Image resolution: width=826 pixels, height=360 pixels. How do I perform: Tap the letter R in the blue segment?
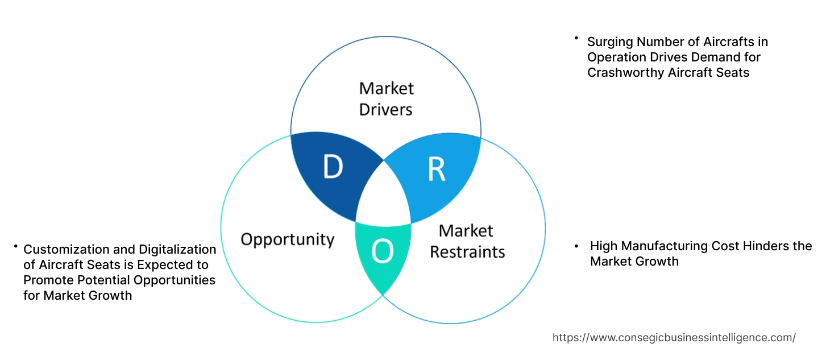pyautogui.click(x=436, y=169)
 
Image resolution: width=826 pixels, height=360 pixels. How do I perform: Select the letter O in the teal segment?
pyautogui.click(x=383, y=252)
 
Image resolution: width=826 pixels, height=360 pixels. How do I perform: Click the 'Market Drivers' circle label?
pyautogui.click(x=386, y=98)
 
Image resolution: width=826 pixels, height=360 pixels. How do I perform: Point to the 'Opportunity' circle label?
pyautogui.click(x=287, y=239)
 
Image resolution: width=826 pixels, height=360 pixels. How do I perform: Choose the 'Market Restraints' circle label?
pyautogui.click(x=467, y=241)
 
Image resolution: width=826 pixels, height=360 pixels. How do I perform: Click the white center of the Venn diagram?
pyautogui.click(x=383, y=196)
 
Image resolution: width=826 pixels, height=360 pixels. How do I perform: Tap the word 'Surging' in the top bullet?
pyautogui.click(x=610, y=42)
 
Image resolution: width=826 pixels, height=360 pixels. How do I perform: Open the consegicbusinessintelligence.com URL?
pyautogui.click(x=674, y=337)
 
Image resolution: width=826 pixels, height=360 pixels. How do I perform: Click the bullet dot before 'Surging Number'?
pyautogui.click(x=576, y=39)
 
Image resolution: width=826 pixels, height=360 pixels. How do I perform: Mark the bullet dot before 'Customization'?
pyautogui.click(x=16, y=246)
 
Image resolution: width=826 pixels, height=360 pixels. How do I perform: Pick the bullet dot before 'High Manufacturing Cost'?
pyautogui.click(x=576, y=246)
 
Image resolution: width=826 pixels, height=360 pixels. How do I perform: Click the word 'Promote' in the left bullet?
pyautogui.click(x=47, y=280)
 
